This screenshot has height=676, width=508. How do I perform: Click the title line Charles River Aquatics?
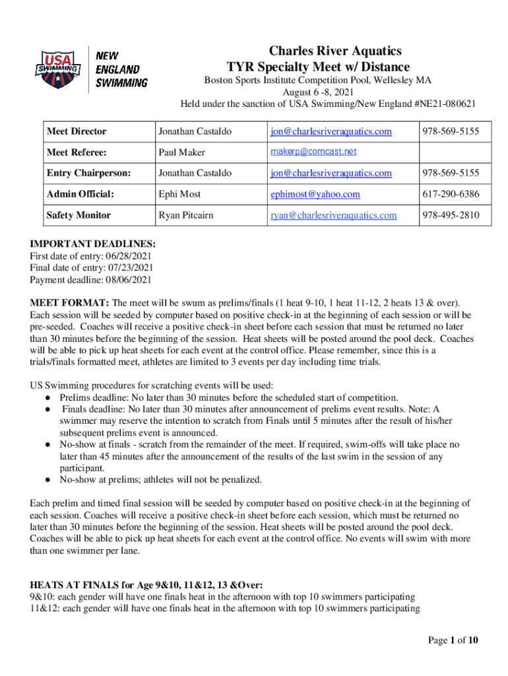pos(326,51)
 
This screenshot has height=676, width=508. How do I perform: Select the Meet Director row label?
pos(77,131)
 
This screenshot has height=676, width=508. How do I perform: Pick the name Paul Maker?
pos(181,152)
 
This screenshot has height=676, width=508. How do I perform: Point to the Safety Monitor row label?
pos(79,215)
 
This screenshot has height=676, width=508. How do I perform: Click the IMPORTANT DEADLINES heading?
pos(92,244)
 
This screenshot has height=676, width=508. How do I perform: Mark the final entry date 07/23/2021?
pos(131,267)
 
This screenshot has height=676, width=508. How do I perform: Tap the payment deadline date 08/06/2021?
pos(127,279)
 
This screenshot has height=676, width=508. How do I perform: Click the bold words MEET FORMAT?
pos(69,302)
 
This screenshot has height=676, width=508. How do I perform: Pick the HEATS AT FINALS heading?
pos(146,585)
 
